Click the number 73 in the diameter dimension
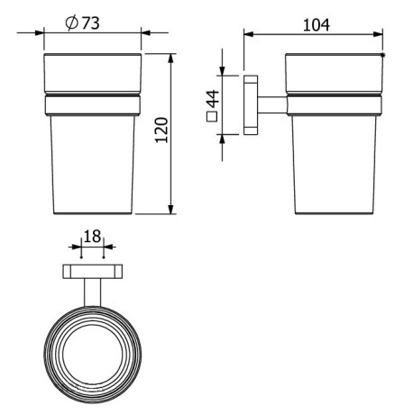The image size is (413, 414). point(90,23)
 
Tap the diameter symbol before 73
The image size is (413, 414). point(71,23)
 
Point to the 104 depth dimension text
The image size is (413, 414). point(315,25)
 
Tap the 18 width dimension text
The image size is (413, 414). point(92,237)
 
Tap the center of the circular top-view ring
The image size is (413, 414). point(92,352)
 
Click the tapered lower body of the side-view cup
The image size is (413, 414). point(335,166)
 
